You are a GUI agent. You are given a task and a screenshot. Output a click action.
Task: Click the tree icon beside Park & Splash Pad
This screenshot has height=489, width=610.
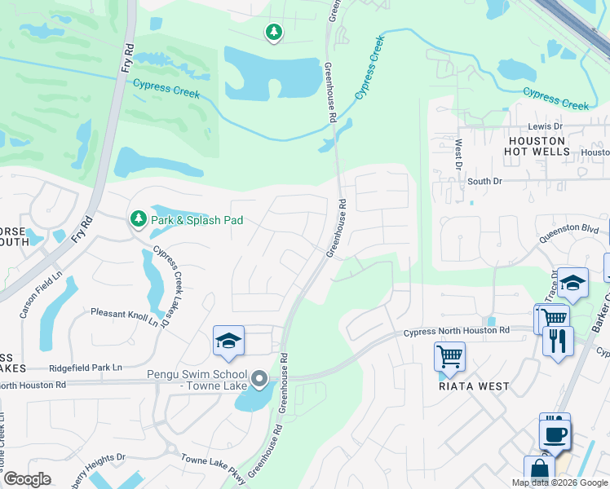coord(139,218)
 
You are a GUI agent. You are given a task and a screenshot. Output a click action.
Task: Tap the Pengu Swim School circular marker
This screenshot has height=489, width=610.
coord(259,379)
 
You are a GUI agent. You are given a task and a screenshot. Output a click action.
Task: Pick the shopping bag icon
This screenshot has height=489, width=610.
coord(539,471)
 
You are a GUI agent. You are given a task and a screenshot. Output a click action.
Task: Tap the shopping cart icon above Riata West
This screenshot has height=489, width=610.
coord(449,356)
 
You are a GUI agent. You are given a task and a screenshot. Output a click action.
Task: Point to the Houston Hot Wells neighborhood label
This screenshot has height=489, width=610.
coord(531,147)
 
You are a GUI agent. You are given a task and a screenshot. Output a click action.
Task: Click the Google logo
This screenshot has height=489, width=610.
coord(27,479)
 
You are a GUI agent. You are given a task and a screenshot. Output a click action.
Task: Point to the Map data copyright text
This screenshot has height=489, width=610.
coord(560,482)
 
